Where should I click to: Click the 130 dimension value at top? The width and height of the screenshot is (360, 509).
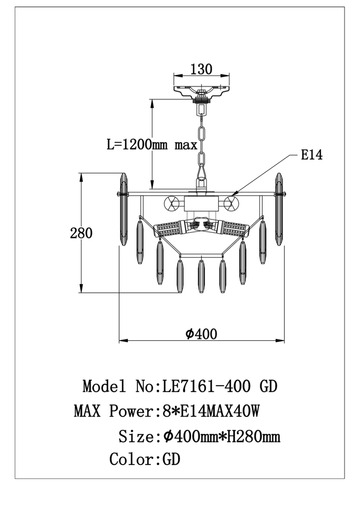click(201, 69)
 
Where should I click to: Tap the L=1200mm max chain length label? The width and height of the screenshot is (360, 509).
click(152, 145)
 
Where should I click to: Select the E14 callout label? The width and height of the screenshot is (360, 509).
click(311, 155)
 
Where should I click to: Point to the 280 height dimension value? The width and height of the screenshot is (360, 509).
click(81, 233)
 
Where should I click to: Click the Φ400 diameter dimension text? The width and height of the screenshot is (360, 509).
click(201, 334)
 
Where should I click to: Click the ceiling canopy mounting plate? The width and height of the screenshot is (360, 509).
click(201, 92)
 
